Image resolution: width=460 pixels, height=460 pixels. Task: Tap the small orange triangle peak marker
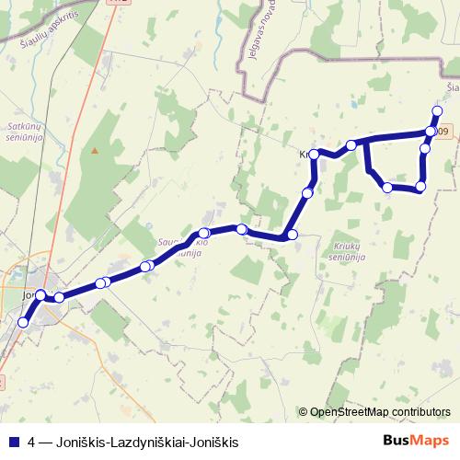tap(94, 150)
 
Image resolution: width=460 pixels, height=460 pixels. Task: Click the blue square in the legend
tap(13, 443)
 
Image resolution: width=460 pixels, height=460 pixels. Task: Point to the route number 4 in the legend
tap(32, 443)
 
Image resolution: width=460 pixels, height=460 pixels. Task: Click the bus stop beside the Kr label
tap(315, 154)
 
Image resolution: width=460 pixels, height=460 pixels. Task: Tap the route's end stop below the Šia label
tap(437, 109)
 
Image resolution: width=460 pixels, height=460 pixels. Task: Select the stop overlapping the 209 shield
tap(431, 132)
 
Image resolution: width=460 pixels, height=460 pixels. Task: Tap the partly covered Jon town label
tap(28, 296)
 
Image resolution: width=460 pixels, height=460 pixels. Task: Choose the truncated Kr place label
tap(304, 154)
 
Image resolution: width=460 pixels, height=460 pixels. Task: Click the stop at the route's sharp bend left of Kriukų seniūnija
tap(293, 236)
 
